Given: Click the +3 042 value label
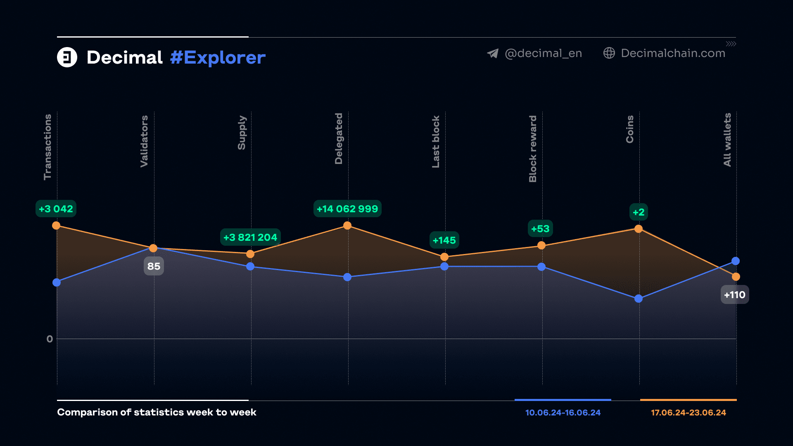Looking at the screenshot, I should click(x=56, y=209).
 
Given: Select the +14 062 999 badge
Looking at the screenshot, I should click(x=347, y=209).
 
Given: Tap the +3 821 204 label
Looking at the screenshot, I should click(x=250, y=237).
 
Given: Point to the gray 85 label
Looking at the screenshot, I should click(x=154, y=266).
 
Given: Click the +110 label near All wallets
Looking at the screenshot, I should click(x=735, y=295).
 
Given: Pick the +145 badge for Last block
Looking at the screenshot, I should click(x=444, y=240).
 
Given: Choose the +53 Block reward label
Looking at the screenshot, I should click(x=540, y=229).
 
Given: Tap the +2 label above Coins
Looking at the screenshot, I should click(x=639, y=212).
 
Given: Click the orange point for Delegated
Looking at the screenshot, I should click(x=347, y=225).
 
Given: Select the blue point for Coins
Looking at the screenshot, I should click(x=639, y=299).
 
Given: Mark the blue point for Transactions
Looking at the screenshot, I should click(x=57, y=282).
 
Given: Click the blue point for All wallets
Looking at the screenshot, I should click(x=736, y=261).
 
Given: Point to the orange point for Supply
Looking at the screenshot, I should click(x=250, y=254).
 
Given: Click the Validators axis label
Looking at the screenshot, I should click(x=144, y=141).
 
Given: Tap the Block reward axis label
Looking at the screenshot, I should click(x=533, y=149).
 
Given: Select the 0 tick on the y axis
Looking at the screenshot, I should click(x=50, y=339).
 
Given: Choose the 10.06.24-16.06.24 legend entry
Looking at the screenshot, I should click(x=563, y=413).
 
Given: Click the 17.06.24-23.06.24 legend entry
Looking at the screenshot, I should click(x=689, y=413).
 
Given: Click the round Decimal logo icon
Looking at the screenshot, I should click(x=67, y=57).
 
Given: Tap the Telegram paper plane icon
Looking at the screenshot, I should click(x=493, y=53).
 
